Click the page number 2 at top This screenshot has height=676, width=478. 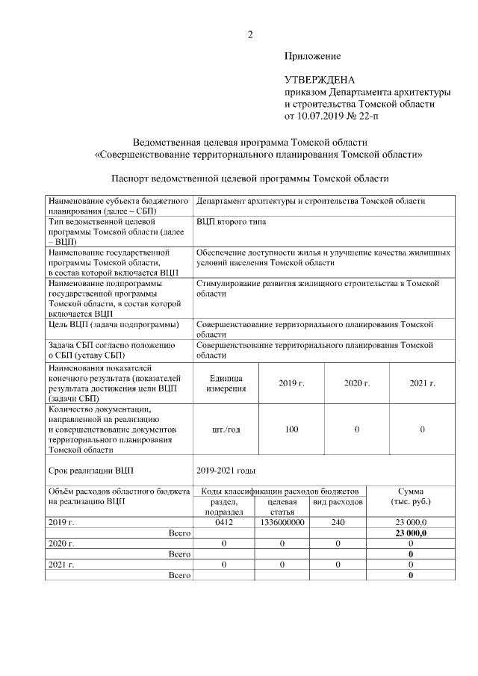coord(250,34)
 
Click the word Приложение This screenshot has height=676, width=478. coord(312,56)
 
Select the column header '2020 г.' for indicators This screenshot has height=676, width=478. coord(356,383)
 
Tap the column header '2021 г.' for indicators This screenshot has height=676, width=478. coord(422,383)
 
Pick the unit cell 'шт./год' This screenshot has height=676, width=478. coord(226,430)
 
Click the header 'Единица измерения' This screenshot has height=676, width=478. coord(226,383)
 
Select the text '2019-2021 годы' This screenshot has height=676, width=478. coord(226,471)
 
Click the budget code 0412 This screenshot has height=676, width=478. coord(225,522)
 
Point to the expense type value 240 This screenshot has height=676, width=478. coord(338,522)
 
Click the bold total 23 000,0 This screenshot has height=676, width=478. coord(411,533)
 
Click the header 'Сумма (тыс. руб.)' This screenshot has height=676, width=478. coord(411,496)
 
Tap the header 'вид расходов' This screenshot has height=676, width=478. coord(338,503)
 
